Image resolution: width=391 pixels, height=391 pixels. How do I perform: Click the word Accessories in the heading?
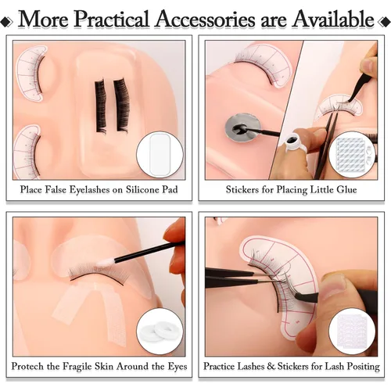tap(205, 19)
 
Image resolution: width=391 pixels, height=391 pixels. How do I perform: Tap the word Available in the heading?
tap(333, 19)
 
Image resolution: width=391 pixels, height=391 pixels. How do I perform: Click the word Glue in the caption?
tap(346, 189)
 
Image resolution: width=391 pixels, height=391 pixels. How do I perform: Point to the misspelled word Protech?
tap(27, 366)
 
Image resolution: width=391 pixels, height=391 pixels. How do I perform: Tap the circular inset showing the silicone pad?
tap(160, 154)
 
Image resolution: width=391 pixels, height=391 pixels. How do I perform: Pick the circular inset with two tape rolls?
tap(160, 332)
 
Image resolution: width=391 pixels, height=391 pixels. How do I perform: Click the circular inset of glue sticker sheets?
tap(352, 154)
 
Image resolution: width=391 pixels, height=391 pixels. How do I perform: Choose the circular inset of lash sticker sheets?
tap(352, 332)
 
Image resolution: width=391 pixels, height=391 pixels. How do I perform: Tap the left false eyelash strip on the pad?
tap(101, 106)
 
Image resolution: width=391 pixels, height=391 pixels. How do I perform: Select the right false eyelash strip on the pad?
tap(121, 104)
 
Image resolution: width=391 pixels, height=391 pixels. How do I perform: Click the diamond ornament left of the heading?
tap(6, 22)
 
